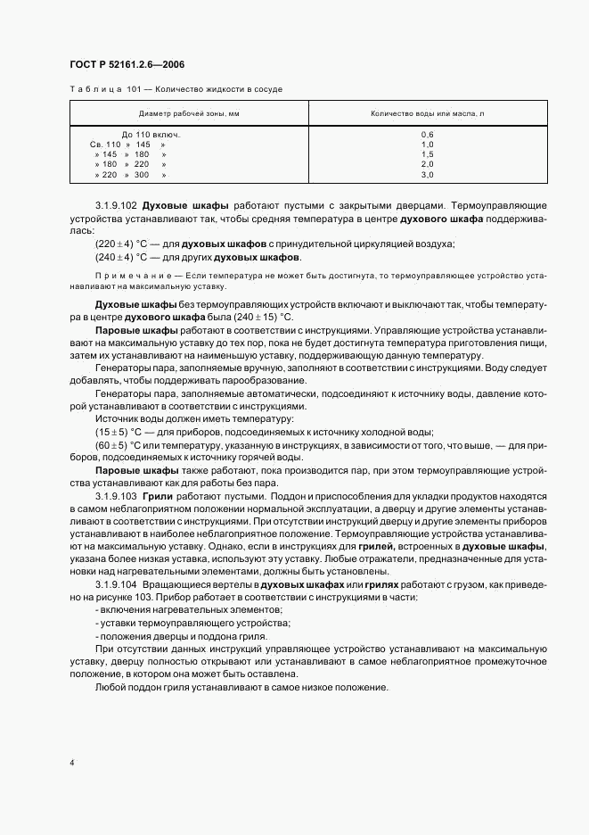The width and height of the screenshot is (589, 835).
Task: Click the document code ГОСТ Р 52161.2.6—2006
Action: click(127, 63)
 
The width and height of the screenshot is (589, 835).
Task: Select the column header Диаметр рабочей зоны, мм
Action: click(189, 114)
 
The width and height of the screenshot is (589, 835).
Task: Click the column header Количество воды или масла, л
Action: click(427, 114)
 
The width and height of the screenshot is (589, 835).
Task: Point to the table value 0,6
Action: click(427, 134)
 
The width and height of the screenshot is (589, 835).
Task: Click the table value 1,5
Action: click(427, 154)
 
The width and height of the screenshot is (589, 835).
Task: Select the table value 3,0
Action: click(427, 175)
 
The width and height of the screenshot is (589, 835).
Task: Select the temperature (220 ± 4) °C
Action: click(122, 244)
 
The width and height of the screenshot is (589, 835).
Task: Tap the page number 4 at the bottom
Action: click(71, 764)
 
